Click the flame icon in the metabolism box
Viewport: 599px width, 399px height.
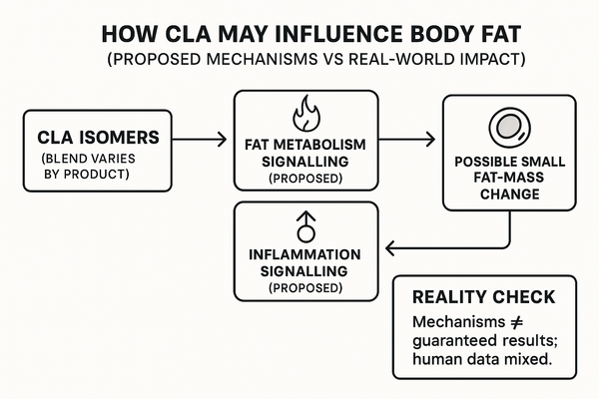pyautogui.click(x=305, y=111)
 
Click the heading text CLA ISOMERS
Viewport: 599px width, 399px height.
pyautogui.click(x=88, y=136)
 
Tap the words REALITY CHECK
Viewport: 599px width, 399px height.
pyautogui.click(x=470, y=297)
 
